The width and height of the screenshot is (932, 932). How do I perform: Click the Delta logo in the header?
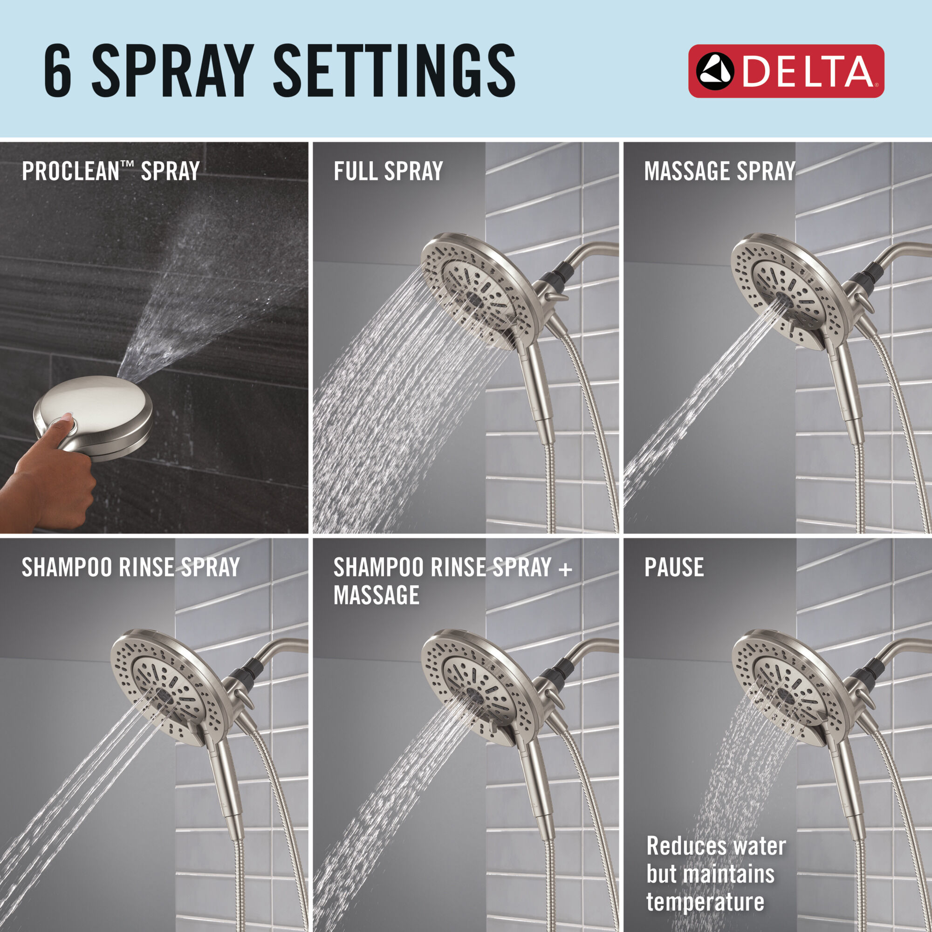(x=786, y=71)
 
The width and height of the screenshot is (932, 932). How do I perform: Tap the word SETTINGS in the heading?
(x=394, y=71)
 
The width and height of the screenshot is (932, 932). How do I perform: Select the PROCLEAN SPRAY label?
(x=110, y=171)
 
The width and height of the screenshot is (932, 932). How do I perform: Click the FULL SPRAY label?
(x=388, y=171)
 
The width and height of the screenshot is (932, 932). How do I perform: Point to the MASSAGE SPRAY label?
(x=719, y=171)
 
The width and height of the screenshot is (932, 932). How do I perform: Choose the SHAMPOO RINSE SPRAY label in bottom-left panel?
(x=130, y=567)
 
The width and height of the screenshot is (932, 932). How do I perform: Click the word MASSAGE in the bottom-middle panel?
(x=376, y=595)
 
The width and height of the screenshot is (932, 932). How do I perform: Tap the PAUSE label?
(x=673, y=567)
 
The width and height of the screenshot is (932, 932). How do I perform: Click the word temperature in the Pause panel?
(x=705, y=902)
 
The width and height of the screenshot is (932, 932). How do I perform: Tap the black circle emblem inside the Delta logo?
(x=714, y=71)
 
